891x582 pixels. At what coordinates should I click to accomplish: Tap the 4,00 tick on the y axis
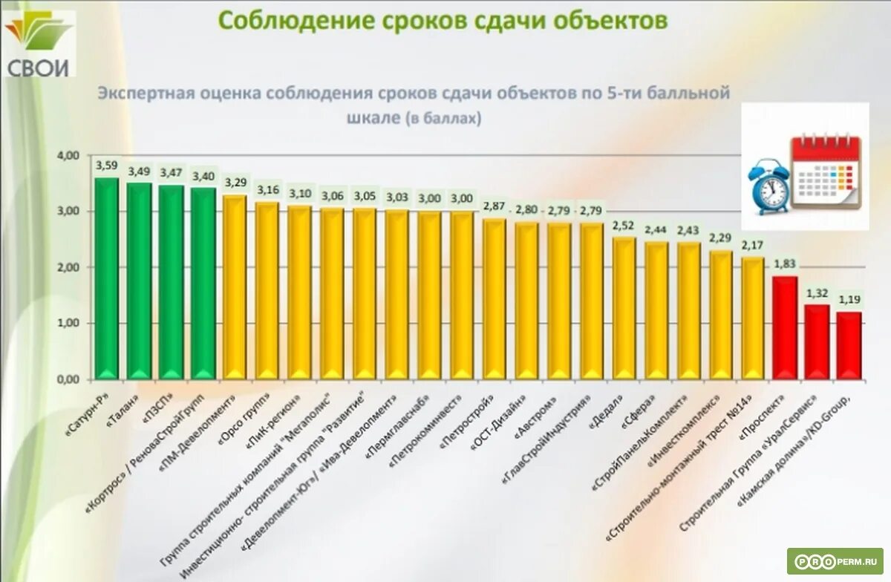68,156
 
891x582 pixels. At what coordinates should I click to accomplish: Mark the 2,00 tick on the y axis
68,267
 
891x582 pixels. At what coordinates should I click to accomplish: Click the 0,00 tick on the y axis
68,379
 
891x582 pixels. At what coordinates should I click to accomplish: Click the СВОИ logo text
39,68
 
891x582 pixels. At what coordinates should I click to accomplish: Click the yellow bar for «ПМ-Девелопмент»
235,287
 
